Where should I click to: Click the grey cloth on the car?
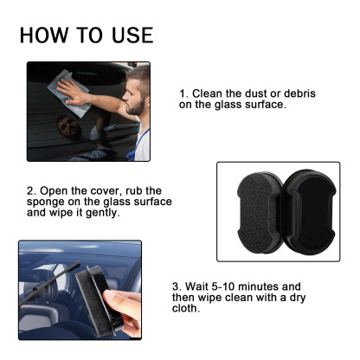click(x=70, y=91)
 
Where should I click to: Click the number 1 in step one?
click(x=183, y=93)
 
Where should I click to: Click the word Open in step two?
click(x=51, y=190)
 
